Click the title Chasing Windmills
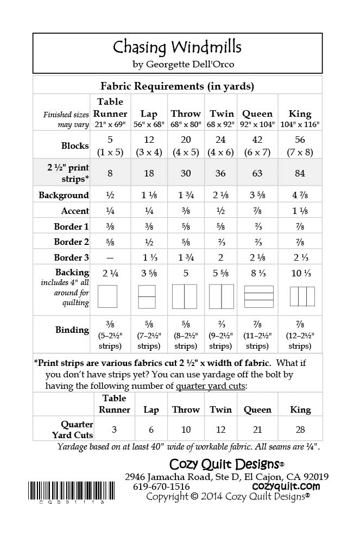(x=177, y=47)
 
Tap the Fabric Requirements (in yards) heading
(x=178, y=86)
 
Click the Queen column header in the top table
(x=257, y=113)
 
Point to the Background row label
(x=64, y=195)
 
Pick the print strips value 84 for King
(x=300, y=173)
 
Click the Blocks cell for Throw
(x=185, y=146)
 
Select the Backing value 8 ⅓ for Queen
(x=257, y=273)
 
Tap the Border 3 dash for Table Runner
(x=110, y=258)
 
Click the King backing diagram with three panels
(x=301, y=296)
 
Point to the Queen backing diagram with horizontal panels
(x=257, y=296)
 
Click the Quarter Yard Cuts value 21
(x=257, y=429)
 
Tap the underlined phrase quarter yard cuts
(x=211, y=386)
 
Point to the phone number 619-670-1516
(x=162, y=486)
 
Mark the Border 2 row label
(x=71, y=242)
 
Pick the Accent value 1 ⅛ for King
(x=300, y=211)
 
